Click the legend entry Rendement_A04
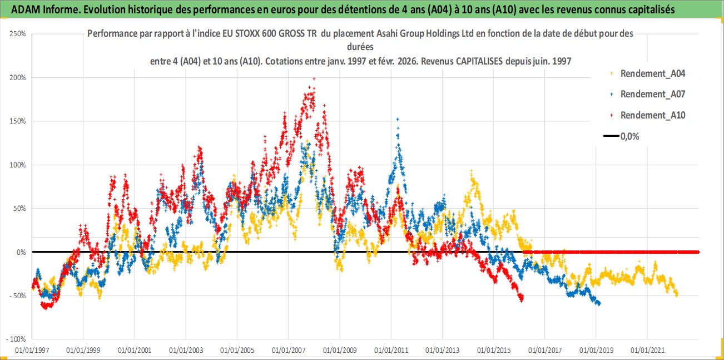pos(652,73)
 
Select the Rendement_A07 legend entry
pos(652,94)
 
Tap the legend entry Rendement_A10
pos(652,115)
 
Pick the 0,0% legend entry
pos(629,136)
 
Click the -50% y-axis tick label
pos(15,295)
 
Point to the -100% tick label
pos(14,339)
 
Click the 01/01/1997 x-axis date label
pos(32,351)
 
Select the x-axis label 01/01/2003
pos(186,351)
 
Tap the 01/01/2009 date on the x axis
pos(340,351)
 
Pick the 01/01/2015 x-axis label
pos(494,351)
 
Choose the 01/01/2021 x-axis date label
pos(647,351)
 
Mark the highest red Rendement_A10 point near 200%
pos(314,79)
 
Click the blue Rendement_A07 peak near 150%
pos(397,119)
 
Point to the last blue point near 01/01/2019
pos(598,304)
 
